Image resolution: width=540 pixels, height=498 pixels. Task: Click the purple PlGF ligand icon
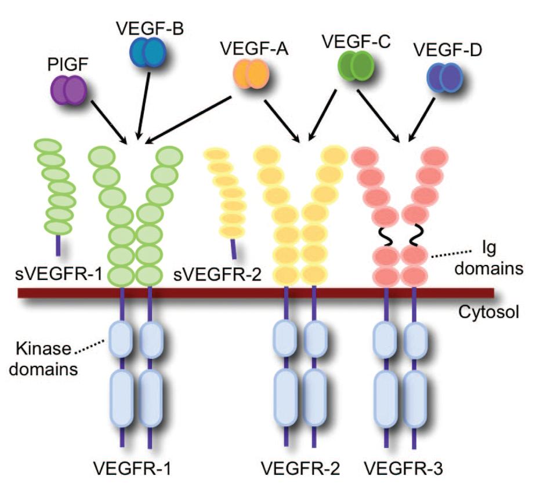[68, 91]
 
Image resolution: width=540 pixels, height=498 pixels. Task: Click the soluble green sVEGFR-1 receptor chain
[58, 191]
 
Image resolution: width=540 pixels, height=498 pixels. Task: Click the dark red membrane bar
[255, 293]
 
